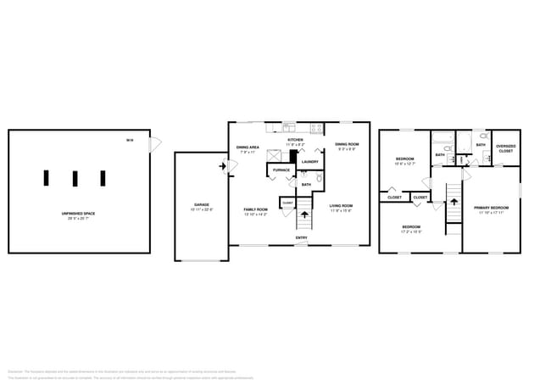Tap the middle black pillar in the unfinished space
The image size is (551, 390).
pos(75,178)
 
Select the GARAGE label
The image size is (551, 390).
pos(201,206)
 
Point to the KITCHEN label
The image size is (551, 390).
pos(295,141)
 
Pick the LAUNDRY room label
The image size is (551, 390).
pos(310,162)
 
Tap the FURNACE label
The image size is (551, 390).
pos(281,170)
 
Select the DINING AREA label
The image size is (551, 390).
pos(248,148)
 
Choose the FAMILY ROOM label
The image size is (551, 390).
pos(255,210)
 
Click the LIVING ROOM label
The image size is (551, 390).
pos(341,206)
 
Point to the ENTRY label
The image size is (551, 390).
pos(301,238)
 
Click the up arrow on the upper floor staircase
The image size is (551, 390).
pos(454,203)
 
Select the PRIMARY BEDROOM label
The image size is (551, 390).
pos(492,209)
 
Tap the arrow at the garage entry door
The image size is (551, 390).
pos(223,166)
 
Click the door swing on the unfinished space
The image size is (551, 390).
pos(153,146)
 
